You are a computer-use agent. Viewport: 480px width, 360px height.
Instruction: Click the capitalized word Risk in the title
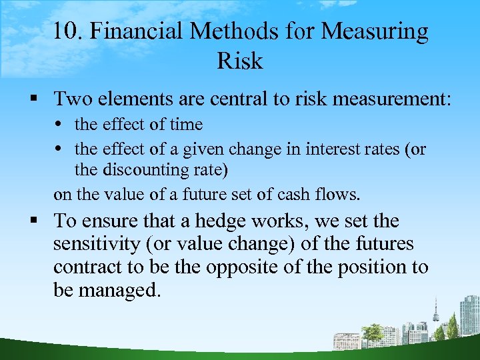tap(240, 61)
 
